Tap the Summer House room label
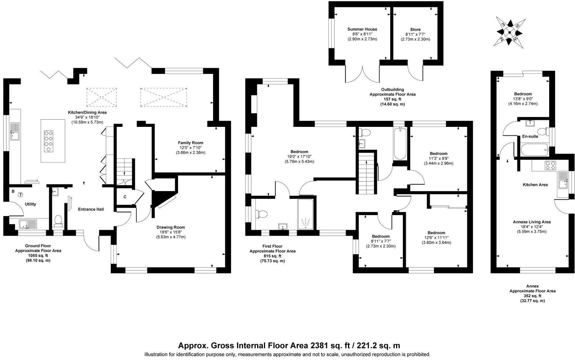click(362, 29)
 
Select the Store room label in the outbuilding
click(415, 30)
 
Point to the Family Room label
click(190, 143)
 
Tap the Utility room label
click(30, 204)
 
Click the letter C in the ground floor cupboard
click(125, 197)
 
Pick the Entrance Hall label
click(91, 209)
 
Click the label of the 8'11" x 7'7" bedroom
click(380, 236)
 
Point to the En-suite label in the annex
click(530, 136)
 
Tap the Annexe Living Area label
click(532, 222)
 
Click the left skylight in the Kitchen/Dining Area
click(102, 96)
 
